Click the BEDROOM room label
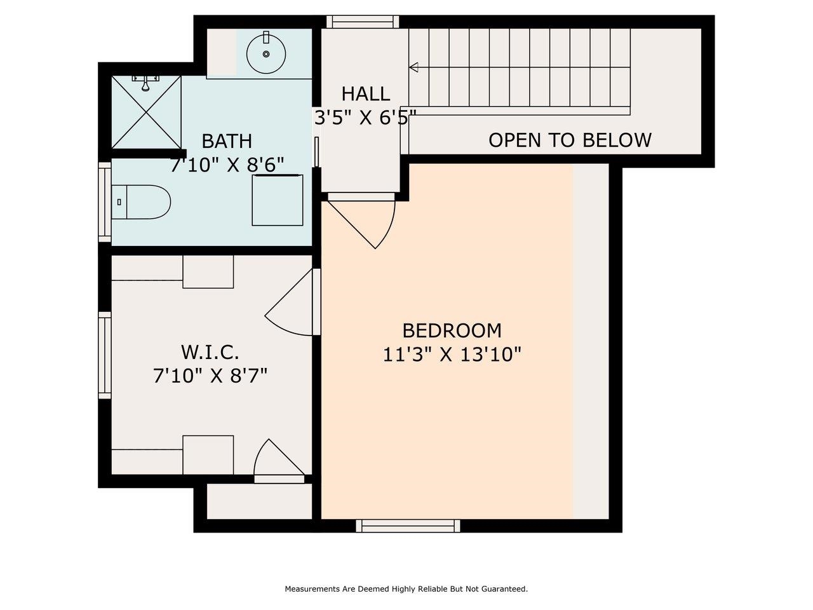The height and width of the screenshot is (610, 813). pos(452,331)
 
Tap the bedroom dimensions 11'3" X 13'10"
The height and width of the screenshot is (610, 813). pos(452,355)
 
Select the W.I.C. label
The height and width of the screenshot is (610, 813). pos(210,352)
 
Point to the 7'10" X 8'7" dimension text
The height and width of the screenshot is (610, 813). pos(210,376)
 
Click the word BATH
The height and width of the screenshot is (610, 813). pos(227,141)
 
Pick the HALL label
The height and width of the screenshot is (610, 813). pos(366,93)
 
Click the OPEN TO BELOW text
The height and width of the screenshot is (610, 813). pos(570,140)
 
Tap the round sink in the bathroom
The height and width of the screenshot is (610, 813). pos(266,54)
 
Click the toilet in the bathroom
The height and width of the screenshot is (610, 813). pos(141,202)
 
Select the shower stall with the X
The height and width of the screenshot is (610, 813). pos(146,112)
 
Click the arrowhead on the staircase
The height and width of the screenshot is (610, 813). pos(413,67)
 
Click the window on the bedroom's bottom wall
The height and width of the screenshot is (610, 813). pos(408,525)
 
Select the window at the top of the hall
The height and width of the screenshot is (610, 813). pos(363,22)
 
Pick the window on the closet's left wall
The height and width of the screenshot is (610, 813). pos(105,355)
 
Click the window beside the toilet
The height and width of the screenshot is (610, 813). pos(105,202)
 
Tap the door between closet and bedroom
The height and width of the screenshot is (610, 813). pos(293,302)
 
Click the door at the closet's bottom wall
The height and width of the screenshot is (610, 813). pos(279,461)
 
